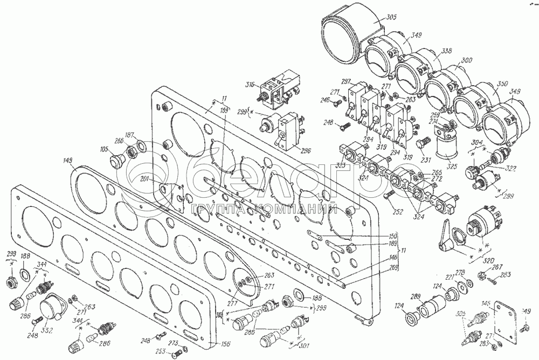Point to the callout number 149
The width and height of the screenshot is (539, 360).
pyautogui.click(x=67, y=160)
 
